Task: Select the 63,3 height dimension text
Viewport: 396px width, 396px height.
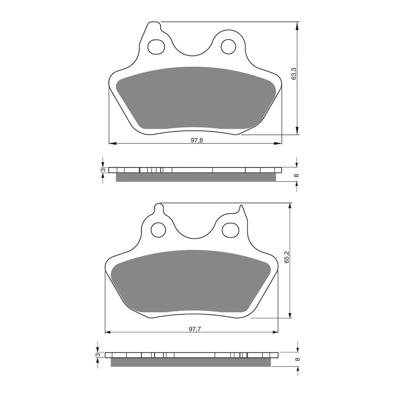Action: click(x=294, y=74)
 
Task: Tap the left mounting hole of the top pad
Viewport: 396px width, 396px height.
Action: click(x=157, y=46)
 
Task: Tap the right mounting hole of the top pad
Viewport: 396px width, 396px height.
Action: click(x=228, y=46)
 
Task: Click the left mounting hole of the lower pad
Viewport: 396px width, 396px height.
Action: click(x=158, y=229)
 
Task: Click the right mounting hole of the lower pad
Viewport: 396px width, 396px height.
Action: click(x=229, y=229)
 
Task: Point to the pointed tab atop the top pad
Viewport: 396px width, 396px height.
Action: click(x=154, y=26)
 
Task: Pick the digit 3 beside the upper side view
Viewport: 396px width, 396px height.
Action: click(x=102, y=170)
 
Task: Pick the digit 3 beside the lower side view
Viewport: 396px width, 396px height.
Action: click(x=97, y=355)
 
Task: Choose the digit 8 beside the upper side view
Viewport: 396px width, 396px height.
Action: click(x=296, y=175)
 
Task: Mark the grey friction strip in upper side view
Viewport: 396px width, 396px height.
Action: click(x=195, y=177)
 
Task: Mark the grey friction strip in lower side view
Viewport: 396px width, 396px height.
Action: click(x=190, y=362)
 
